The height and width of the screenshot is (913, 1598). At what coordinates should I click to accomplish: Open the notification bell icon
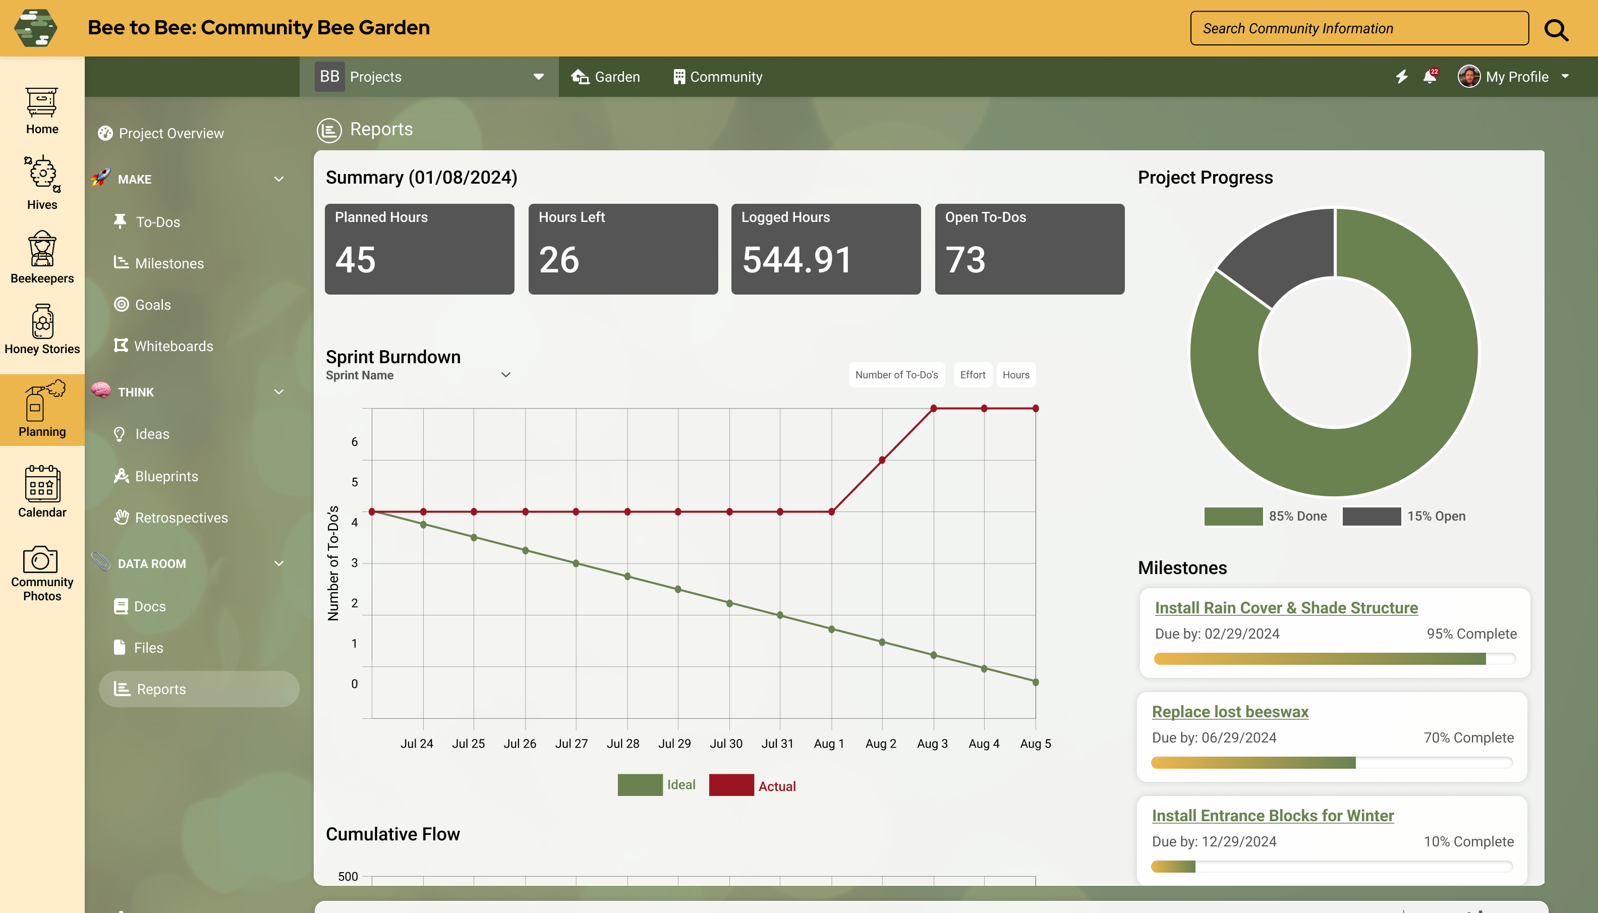1430,77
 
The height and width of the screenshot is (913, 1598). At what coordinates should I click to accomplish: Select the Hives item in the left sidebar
42,182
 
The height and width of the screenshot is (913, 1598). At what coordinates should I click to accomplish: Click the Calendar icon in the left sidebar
42,491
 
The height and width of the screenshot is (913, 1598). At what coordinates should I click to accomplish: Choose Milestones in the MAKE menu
169,263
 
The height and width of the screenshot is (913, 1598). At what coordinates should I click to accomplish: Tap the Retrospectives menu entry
181,518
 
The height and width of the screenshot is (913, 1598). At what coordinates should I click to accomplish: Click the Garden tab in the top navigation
606,77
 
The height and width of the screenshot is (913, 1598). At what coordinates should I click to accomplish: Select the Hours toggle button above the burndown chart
1015,375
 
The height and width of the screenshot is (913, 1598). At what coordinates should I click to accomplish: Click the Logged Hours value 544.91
797,260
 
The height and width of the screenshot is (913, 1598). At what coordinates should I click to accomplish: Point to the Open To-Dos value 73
965,260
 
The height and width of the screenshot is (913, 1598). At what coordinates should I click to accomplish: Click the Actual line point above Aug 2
882,460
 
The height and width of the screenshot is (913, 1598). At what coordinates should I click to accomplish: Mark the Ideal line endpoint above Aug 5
1036,682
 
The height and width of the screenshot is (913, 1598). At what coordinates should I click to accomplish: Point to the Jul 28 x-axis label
622,744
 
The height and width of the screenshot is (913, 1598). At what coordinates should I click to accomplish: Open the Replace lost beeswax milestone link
1230,712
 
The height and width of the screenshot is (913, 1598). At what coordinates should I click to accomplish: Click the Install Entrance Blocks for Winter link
1273,816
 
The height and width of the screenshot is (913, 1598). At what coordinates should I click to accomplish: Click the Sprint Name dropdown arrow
506,375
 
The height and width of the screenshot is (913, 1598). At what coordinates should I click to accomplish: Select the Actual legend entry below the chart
777,786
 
